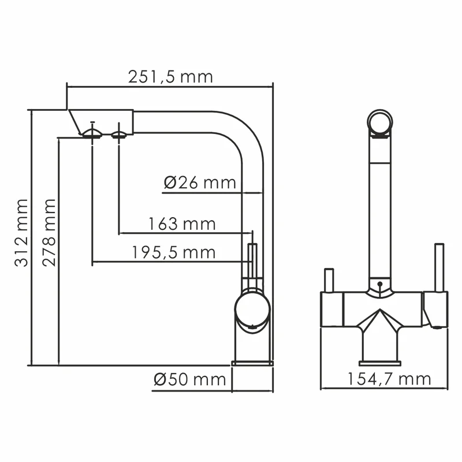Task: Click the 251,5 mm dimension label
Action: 170,76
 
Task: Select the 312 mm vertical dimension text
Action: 21,232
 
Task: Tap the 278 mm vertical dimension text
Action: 50,232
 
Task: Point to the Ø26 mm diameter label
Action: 200,182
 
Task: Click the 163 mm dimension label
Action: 181,223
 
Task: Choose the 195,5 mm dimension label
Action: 173,252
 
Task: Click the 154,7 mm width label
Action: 389,379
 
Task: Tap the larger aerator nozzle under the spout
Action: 92,133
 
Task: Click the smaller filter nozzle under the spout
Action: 119,135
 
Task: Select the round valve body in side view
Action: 251,308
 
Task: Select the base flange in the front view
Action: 379,363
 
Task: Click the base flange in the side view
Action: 252,363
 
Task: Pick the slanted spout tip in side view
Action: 74,122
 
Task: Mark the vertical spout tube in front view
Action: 379,208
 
